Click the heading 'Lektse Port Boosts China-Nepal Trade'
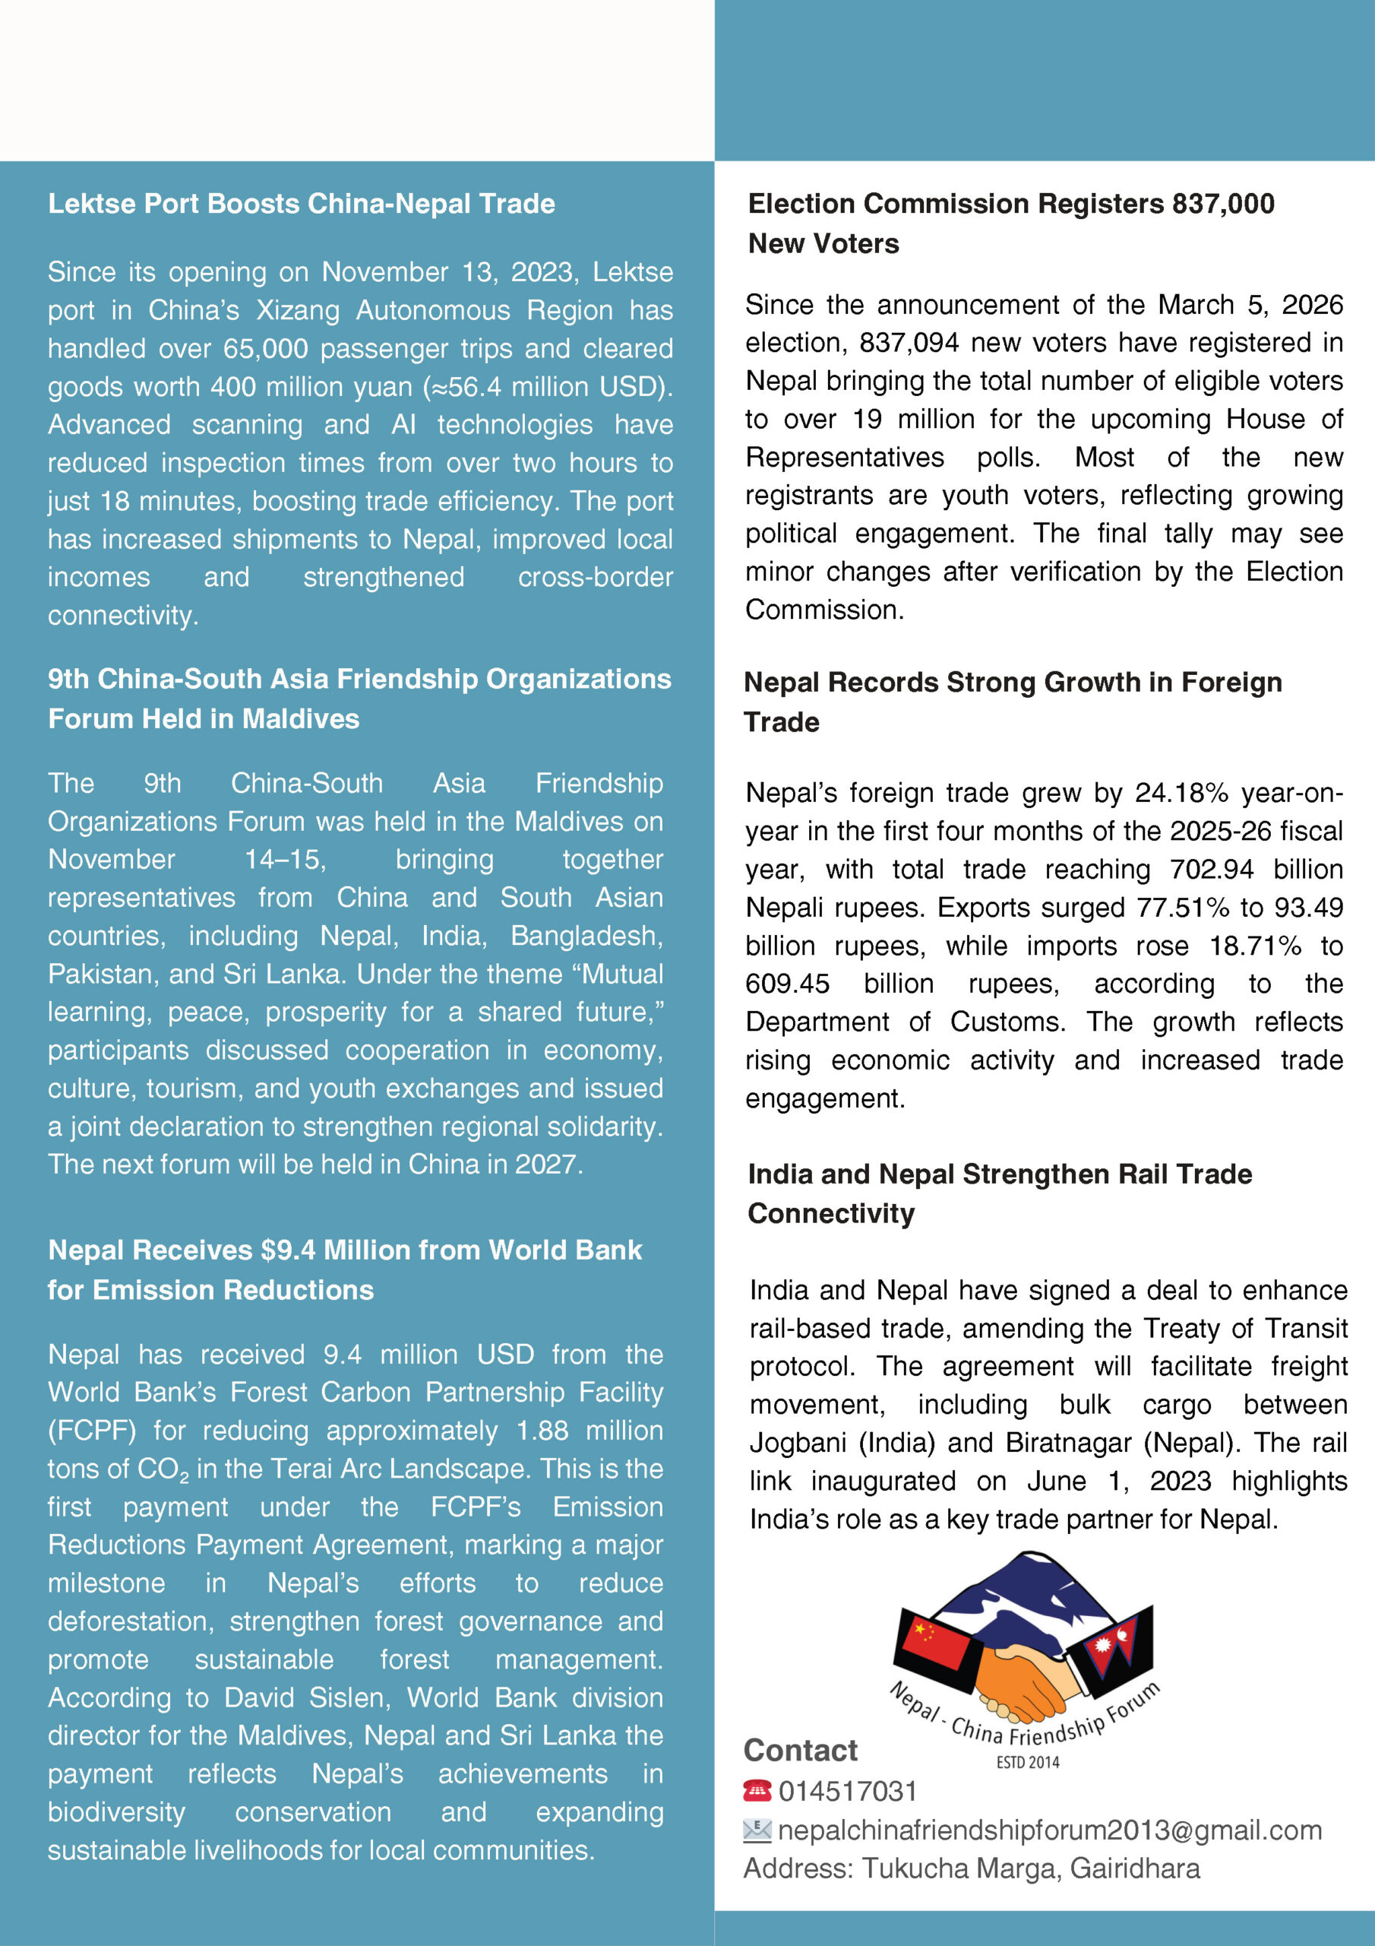301,204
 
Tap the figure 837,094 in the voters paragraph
909,342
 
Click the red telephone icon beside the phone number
757,1791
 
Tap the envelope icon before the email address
757,1830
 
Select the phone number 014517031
848,1791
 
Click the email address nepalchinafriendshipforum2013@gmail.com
1050,1830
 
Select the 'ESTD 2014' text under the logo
1027,1762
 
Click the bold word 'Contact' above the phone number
801,1750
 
